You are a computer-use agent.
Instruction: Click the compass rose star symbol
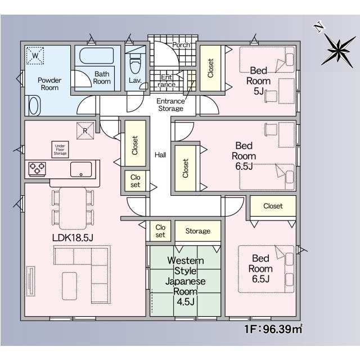coord(339,51)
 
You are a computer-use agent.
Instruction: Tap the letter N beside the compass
coord(319,27)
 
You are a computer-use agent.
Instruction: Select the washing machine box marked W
coord(35,55)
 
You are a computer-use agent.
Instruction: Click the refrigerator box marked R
coord(85,130)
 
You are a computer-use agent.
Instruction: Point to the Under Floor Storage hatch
coord(60,150)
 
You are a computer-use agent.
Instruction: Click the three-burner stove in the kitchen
coord(37,169)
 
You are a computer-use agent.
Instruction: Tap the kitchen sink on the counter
coord(81,169)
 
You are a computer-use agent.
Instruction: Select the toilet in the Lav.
coord(135,63)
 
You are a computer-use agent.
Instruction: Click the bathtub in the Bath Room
coord(96,56)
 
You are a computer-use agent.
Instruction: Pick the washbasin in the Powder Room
coord(34,106)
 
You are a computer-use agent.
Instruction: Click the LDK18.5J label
coord(73,237)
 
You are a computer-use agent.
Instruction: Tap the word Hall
coord(160,155)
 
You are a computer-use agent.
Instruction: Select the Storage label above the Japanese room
coord(198,231)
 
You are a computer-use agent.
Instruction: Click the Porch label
coord(181,45)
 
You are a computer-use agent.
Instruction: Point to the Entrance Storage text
coord(170,105)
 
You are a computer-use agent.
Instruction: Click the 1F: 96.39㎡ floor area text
coord(273,329)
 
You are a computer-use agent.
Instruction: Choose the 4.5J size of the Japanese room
coord(186,301)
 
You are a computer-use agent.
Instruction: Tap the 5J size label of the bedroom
coord(259,91)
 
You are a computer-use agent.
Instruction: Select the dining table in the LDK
coord(73,208)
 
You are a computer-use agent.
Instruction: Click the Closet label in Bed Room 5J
coord(210,68)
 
